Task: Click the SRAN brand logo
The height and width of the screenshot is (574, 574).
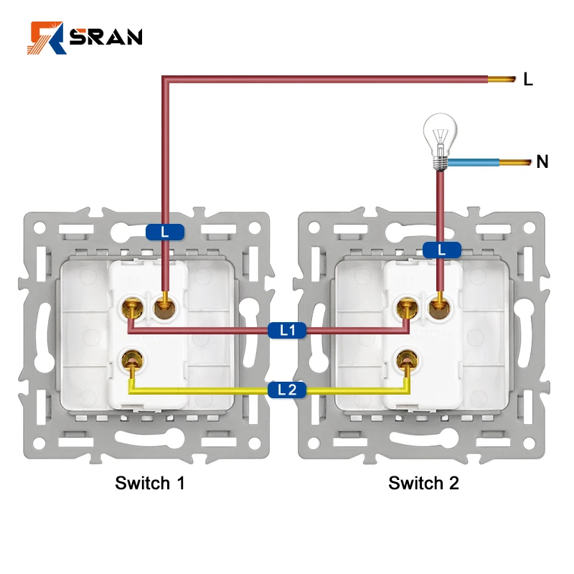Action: coord(85,37)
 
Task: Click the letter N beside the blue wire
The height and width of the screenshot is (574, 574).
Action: coord(542,162)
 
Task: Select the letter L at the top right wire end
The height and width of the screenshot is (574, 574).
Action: coord(528,80)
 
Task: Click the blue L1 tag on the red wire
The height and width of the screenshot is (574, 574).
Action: coord(288,331)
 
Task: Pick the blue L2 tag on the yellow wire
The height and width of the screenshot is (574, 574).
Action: coord(287,390)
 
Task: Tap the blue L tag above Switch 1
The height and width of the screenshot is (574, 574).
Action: coord(164,232)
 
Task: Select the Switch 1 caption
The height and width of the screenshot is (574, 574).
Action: coord(150,483)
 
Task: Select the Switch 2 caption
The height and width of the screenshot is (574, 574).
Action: coord(423,483)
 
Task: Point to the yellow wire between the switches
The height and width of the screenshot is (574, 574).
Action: coord(215,391)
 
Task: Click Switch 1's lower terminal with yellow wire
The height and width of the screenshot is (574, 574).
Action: coord(131,357)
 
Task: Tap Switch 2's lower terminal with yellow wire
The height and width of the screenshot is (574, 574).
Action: coord(408,357)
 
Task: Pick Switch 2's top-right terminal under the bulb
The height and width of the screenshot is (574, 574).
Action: coord(438,307)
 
